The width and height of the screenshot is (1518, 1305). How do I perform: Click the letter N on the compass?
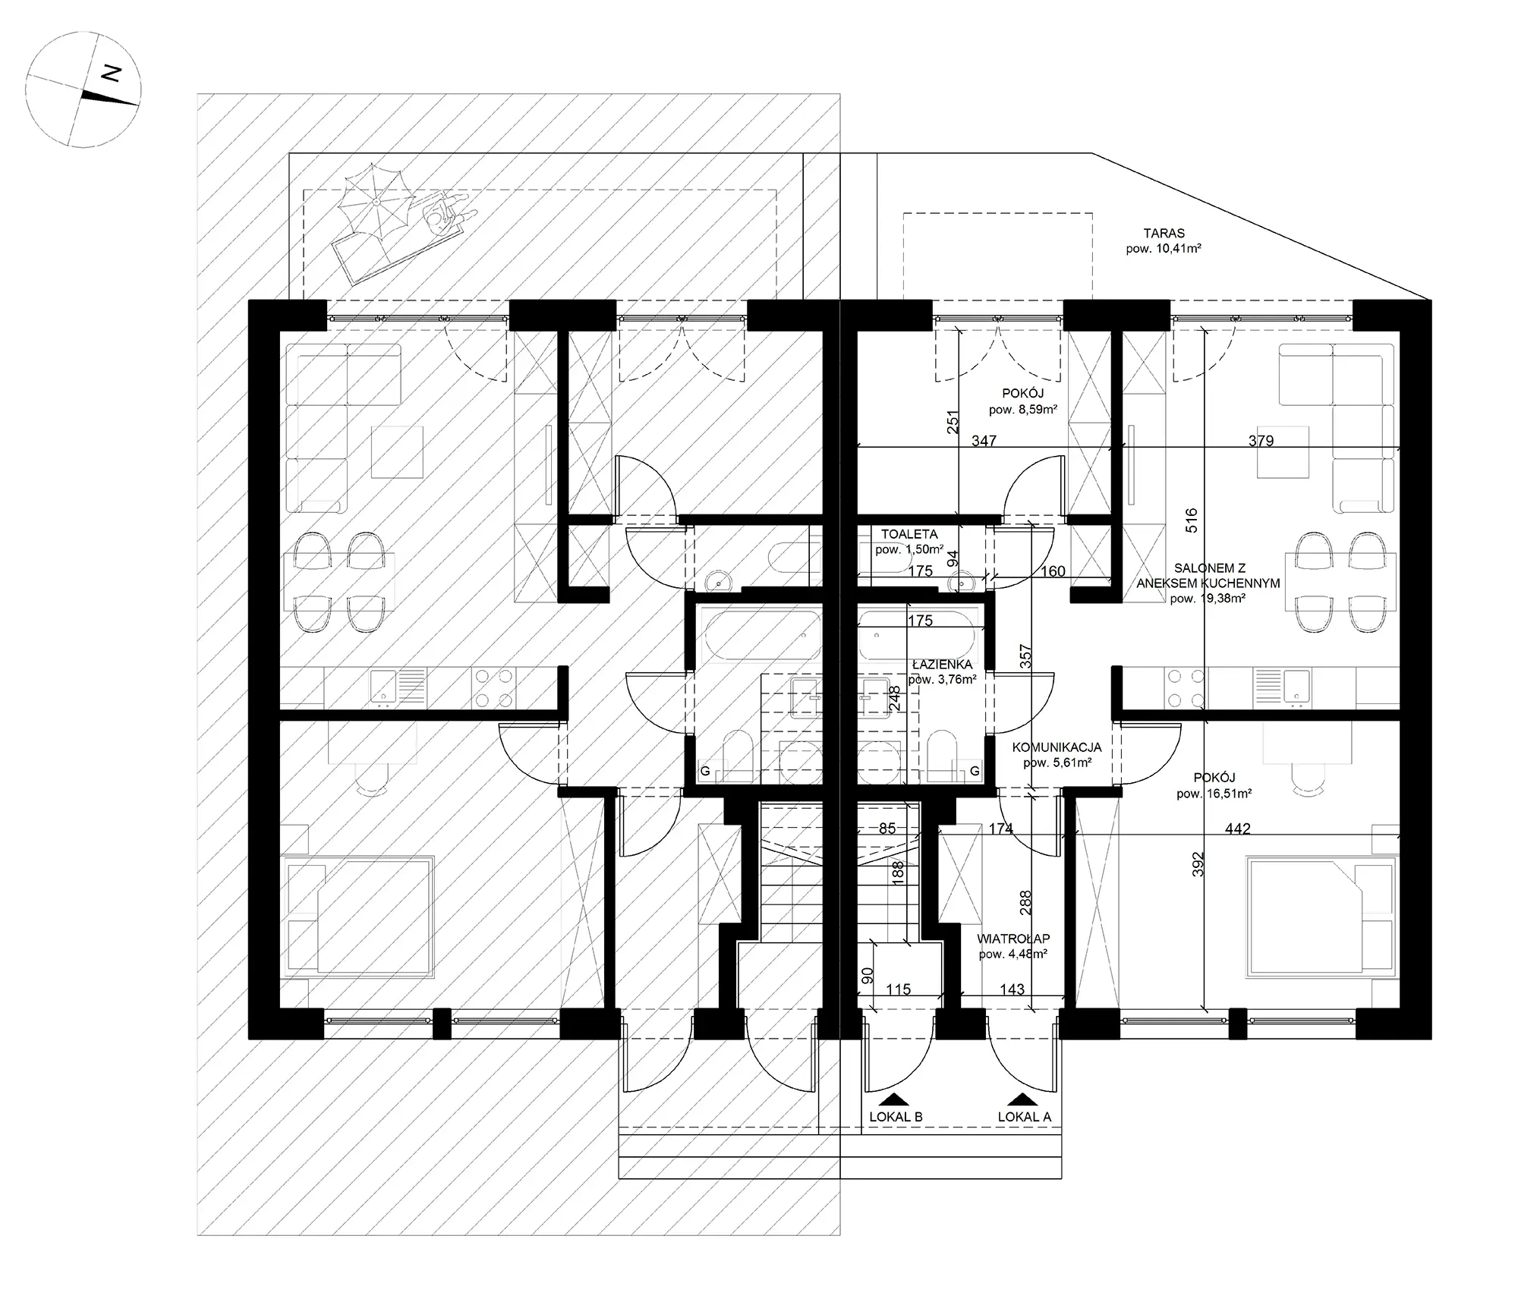point(112,74)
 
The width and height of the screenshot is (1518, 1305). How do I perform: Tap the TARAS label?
point(1164,234)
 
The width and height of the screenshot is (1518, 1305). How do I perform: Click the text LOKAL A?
point(1024,1117)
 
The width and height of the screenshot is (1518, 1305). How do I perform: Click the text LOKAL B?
point(896,1117)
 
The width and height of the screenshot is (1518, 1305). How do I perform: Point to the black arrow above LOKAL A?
point(1024,1099)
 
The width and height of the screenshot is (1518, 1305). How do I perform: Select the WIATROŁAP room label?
point(1013,939)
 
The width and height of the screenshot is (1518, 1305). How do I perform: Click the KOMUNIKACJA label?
point(1057,747)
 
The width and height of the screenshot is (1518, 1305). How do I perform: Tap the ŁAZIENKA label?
point(942,665)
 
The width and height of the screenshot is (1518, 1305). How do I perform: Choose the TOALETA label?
point(909,534)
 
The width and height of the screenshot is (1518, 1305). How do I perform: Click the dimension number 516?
point(1191,520)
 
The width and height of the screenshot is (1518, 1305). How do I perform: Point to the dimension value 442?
point(1237,829)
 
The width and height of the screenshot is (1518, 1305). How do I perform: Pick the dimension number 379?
point(1261,440)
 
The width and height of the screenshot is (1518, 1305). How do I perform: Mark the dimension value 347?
point(984,440)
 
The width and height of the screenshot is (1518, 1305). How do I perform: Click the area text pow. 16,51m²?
point(1214,794)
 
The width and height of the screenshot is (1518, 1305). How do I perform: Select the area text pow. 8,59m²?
point(1023,410)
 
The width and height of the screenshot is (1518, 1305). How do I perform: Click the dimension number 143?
point(1012,989)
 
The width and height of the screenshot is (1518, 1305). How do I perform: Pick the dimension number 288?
point(1025,902)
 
